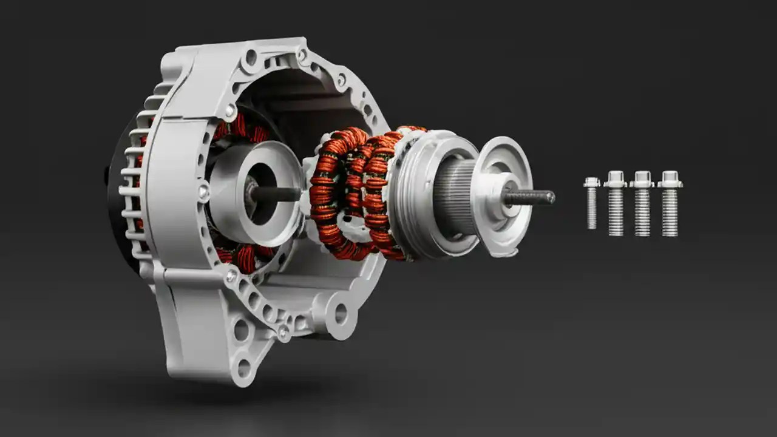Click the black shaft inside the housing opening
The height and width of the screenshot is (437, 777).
tap(276, 194)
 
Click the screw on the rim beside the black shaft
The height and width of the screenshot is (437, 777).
tap(204, 194)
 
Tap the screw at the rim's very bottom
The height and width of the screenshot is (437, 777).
tap(283, 331)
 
